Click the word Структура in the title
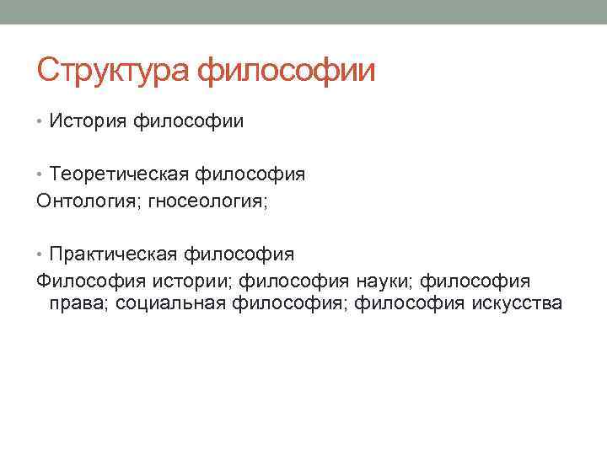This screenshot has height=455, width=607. tap(115, 70)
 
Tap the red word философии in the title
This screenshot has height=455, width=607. tap(286, 70)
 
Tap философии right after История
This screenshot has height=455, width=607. tap(188, 122)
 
